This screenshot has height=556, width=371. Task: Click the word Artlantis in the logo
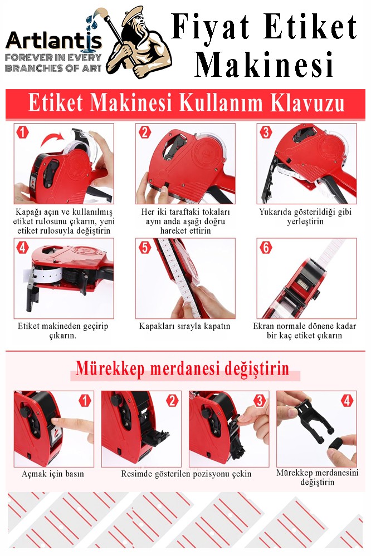click(54, 41)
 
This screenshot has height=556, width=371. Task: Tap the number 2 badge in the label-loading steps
click(144, 132)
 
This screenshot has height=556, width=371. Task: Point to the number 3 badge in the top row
click(266, 132)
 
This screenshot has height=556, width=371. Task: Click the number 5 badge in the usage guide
click(144, 247)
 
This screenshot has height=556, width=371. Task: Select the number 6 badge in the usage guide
click(266, 247)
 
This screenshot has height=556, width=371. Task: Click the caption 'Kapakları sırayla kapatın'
click(184, 326)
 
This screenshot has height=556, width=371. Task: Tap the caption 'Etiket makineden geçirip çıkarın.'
click(63, 331)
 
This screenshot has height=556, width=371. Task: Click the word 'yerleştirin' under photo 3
click(305, 222)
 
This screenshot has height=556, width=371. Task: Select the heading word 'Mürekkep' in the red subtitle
click(110, 369)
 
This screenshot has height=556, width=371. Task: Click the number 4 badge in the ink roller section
click(346, 401)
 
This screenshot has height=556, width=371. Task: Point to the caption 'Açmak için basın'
click(53, 474)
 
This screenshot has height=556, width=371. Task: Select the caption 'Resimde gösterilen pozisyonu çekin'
click(186, 474)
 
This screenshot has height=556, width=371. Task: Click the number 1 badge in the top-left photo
click(22, 132)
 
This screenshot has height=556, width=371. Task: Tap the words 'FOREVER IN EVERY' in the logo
click(53, 57)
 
